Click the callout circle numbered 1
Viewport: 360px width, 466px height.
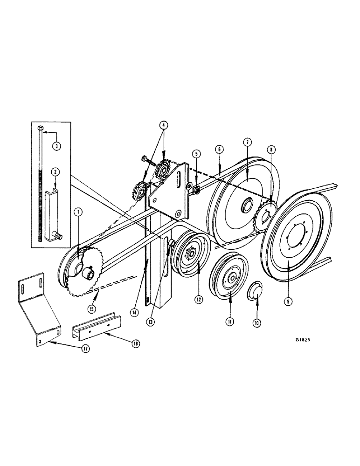coord(78,212)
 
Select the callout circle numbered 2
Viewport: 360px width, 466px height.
coord(55,172)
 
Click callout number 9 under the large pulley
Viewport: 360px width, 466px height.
coord(289,301)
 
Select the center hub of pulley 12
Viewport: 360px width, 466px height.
coord(192,254)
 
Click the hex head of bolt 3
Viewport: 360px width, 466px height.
coord(40,127)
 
